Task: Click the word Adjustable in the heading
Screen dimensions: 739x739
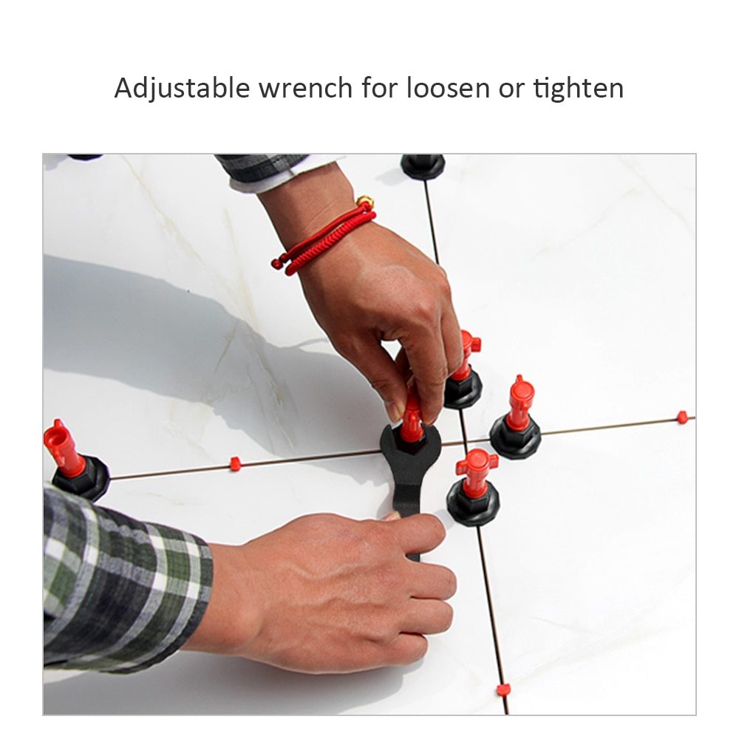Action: click(x=183, y=88)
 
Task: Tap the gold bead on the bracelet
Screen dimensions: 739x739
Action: click(x=364, y=201)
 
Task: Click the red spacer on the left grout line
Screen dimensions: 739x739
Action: click(x=236, y=464)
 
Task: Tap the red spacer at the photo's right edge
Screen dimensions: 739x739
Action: click(x=682, y=417)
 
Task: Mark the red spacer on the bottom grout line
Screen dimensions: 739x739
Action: click(x=503, y=690)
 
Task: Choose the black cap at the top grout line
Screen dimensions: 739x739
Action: click(x=423, y=165)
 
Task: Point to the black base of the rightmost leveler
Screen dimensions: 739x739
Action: click(x=515, y=437)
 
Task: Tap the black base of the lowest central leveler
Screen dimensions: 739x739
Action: click(x=473, y=505)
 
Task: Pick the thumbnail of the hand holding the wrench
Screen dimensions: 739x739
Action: click(x=392, y=517)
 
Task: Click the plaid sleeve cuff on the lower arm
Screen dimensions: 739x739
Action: click(x=185, y=584)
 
